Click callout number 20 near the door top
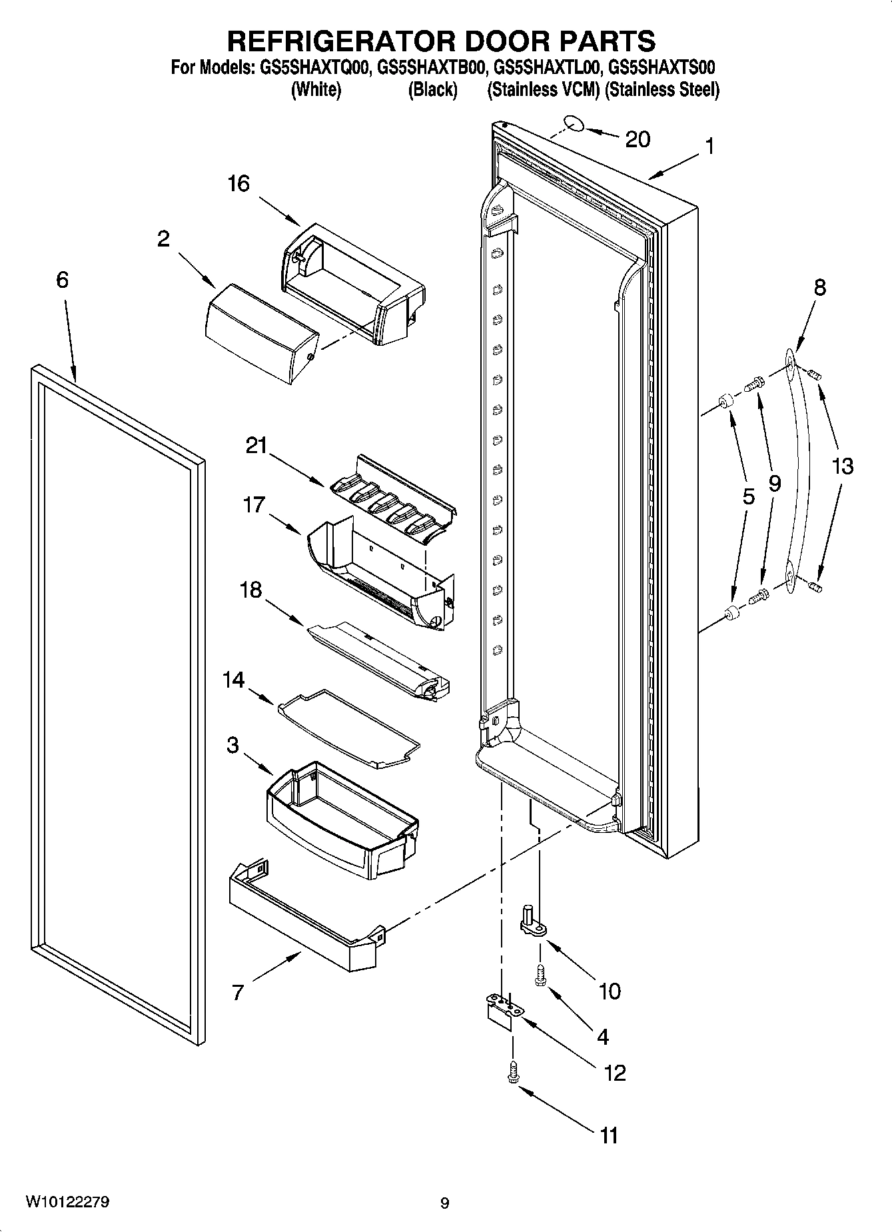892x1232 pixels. point(638,139)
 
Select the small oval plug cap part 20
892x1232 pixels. point(572,124)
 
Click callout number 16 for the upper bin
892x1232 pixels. point(238,183)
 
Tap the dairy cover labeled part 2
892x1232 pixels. point(260,333)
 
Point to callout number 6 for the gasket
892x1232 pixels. point(62,280)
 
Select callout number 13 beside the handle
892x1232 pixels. point(842,466)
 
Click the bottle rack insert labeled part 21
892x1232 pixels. point(393,496)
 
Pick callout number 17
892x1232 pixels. point(254,504)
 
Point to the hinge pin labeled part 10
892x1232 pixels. point(532,923)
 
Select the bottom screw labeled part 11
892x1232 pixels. point(512,1072)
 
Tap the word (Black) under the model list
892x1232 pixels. point(432,89)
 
